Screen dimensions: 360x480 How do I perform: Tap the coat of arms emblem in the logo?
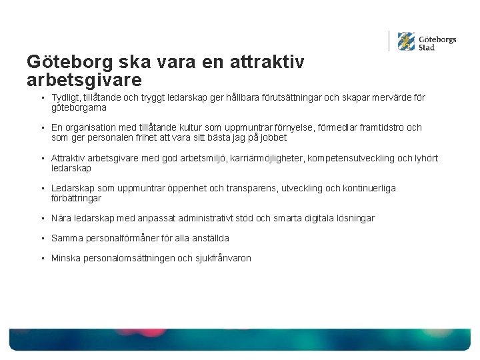tap(405, 41)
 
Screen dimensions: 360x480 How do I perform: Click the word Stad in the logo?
tap(427, 47)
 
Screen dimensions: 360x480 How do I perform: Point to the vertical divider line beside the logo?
tap(389, 41)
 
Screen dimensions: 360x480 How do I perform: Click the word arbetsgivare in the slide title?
tap(84, 80)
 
